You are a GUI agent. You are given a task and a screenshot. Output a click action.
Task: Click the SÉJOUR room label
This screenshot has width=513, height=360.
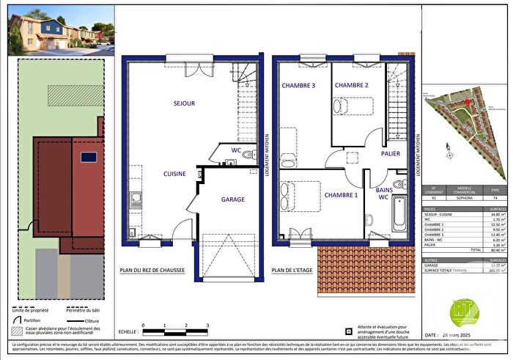click(x=184, y=104)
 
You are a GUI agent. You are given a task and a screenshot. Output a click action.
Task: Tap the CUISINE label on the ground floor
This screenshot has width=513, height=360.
click(x=174, y=174)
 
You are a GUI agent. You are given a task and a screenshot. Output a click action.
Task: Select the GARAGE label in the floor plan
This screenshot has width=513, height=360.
click(x=233, y=199)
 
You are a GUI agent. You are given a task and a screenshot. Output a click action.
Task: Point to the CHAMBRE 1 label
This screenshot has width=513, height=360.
click(x=341, y=195)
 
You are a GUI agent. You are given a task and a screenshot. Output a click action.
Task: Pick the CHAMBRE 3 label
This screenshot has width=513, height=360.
click(x=298, y=86)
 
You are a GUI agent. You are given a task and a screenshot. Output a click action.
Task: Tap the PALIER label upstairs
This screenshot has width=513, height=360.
click(x=391, y=153)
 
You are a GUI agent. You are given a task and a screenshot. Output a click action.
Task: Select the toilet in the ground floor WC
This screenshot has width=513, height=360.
click(x=247, y=155)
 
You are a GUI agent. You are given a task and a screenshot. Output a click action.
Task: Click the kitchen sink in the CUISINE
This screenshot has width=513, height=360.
click(x=136, y=197)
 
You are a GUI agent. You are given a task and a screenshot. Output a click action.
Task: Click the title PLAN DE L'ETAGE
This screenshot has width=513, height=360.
click(x=294, y=270)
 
